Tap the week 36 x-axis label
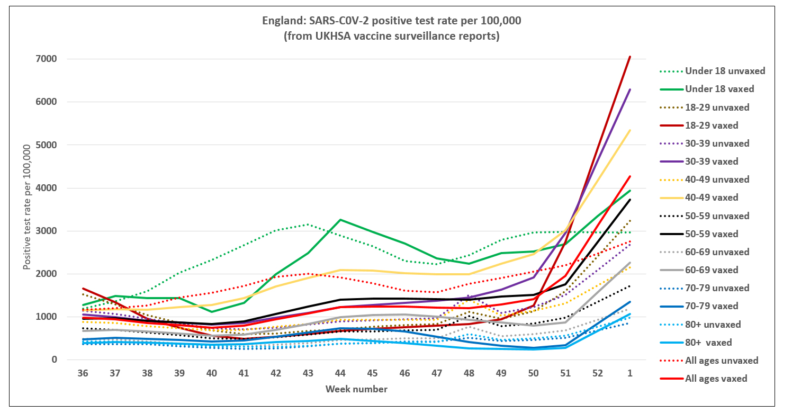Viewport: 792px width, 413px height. tap(83, 373)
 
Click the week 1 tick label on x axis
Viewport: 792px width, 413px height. tap(630, 373)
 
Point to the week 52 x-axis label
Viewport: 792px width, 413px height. tap(598, 373)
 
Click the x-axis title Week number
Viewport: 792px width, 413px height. tap(356, 390)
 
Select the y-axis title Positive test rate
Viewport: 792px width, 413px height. tap(28, 206)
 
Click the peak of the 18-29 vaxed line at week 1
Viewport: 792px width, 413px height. tap(630, 56)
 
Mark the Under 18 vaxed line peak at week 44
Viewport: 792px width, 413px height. tap(341, 220)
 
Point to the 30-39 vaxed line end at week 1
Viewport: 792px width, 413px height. tap(630, 89)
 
